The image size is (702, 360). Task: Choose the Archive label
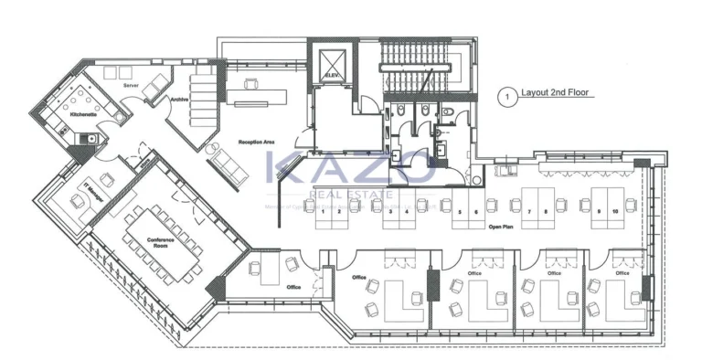(178, 101)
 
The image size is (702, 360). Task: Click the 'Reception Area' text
(257, 143)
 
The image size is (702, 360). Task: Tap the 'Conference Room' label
(161, 242)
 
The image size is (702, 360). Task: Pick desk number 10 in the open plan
(616, 211)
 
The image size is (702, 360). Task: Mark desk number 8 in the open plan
(547, 211)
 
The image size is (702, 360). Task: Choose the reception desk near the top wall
(259, 92)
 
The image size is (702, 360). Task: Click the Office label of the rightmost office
(622, 272)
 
